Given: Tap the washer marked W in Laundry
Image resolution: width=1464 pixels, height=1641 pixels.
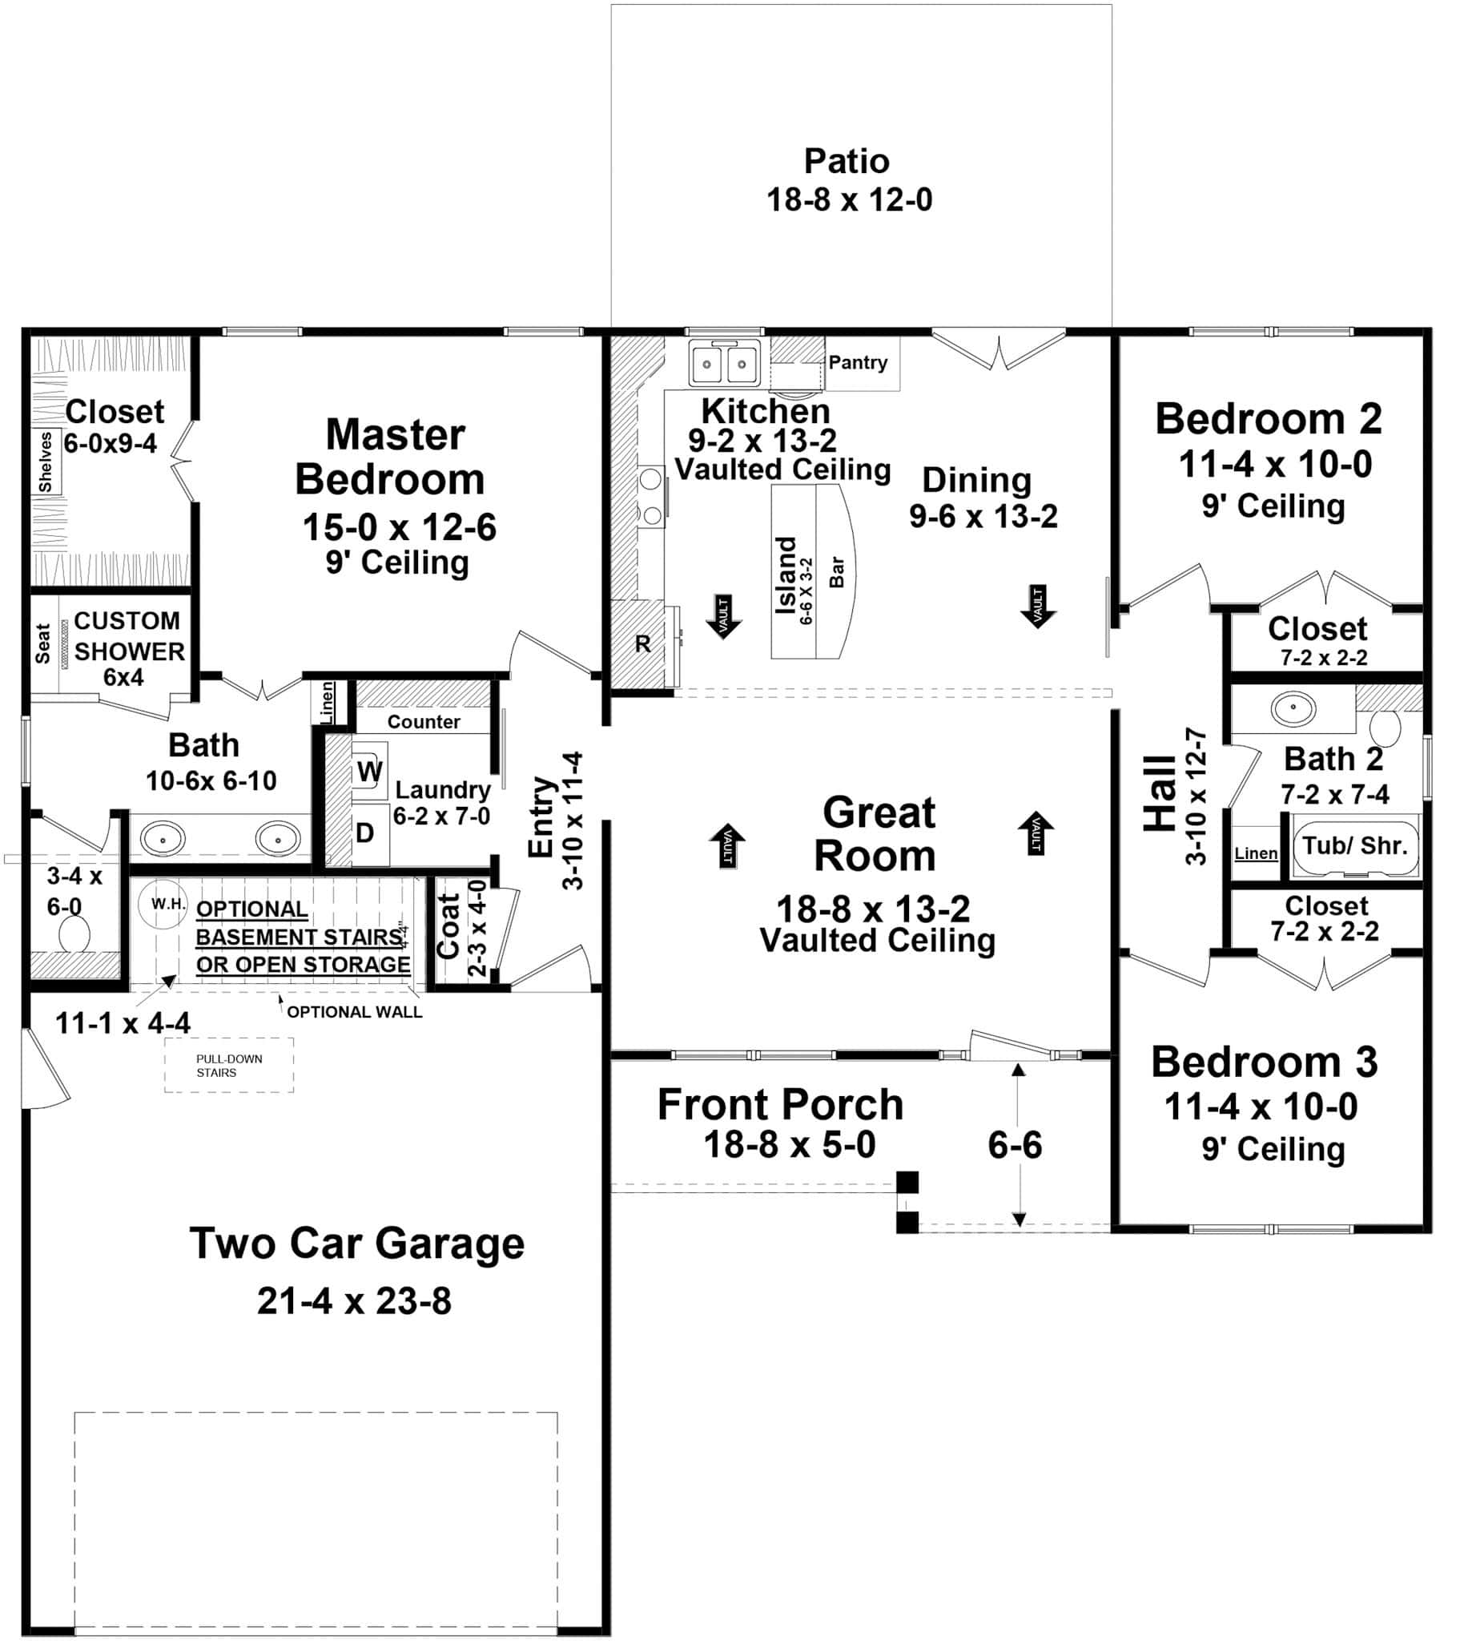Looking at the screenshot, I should (x=369, y=771).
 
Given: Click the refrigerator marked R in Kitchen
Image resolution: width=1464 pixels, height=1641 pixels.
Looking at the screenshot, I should (x=642, y=644).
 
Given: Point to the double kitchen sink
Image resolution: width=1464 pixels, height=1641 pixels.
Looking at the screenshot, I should (x=724, y=364).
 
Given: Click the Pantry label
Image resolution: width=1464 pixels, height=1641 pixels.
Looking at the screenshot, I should (x=858, y=362).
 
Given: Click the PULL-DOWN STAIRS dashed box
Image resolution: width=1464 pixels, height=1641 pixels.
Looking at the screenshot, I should (x=228, y=1066).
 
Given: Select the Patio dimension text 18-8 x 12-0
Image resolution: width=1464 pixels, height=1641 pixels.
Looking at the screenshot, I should (x=849, y=200).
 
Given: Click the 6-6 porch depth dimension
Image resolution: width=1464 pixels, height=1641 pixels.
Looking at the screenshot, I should (x=1015, y=1144).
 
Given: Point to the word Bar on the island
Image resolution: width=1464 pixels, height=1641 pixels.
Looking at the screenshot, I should (x=837, y=571).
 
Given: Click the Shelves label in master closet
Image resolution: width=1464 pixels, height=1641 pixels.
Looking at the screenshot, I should (x=46, y=462).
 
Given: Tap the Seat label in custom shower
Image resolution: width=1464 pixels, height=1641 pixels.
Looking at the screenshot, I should (x=42, y=643).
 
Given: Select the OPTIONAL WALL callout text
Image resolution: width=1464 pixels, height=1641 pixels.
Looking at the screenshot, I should (x=354, y=1012).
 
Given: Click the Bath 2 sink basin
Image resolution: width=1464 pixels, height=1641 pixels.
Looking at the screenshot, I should (x=1293, y=709).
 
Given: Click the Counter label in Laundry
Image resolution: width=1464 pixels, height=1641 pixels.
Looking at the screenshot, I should (x=423, y=722).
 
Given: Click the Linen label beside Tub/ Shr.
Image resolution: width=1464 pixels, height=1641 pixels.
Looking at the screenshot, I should (x=1256, y=853).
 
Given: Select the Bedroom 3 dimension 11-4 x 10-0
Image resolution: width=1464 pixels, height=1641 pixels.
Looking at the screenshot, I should (x=1261, y=1107).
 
